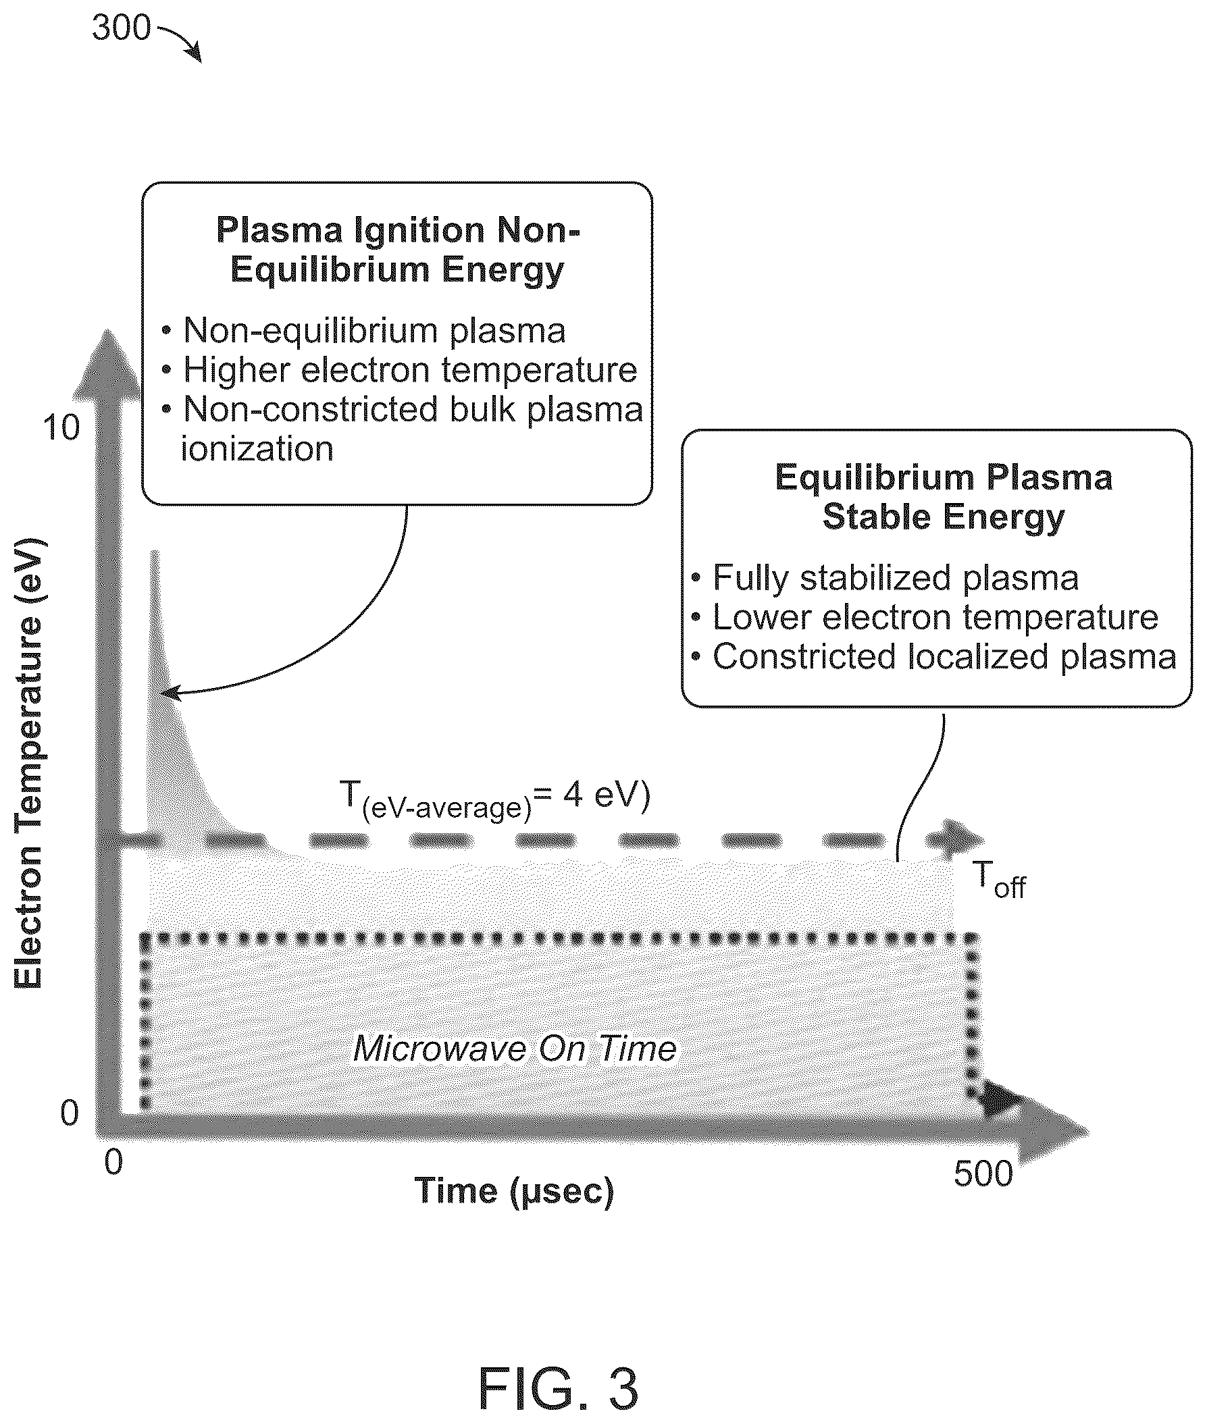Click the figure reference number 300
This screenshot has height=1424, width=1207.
click(121, 28)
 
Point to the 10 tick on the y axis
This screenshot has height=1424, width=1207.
click(61, 427)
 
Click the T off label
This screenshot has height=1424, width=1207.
click(999, 880)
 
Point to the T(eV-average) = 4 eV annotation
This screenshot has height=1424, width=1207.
click(494, 799)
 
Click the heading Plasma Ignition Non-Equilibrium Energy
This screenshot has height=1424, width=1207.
click(398, 250)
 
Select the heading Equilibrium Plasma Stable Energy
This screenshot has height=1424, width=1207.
click(944, 496)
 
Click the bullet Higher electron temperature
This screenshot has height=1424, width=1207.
click(400, 371)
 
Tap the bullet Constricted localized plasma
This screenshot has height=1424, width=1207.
click(934, 656)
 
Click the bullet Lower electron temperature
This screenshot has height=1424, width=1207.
click(925, 618)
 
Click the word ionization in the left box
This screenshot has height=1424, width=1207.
click(257, 450)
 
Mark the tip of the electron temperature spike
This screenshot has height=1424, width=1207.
click(155, 551)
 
